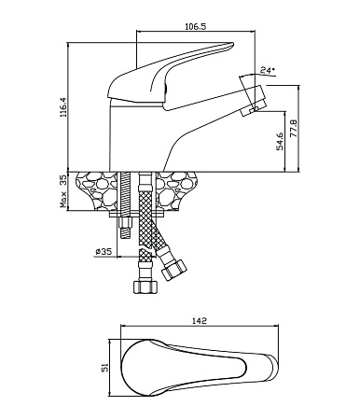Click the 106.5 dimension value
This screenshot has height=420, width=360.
[x=196, y=26]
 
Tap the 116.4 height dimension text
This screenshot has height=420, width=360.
[x=63, y=107]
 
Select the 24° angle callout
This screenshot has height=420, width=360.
[x=268, y=70]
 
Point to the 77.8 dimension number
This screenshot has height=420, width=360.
[x=294, y=128]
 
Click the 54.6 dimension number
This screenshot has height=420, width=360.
[x=280, y=141]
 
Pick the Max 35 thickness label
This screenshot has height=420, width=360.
[x=63, y=191]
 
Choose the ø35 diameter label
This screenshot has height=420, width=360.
[x=104, y=251]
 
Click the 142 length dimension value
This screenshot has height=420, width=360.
[x=200, y=320]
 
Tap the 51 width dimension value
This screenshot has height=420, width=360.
[x=104, y=368]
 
